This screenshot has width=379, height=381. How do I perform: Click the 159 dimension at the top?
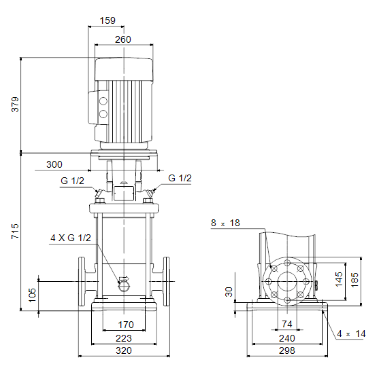[108, 20]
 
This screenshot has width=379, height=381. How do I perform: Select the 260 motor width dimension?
[123, 39]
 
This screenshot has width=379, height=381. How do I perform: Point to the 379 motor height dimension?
[15, 105]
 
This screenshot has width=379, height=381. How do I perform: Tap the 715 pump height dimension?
[15, 231]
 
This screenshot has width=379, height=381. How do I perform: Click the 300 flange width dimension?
[54, 164]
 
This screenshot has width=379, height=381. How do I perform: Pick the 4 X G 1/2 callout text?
[71, 238]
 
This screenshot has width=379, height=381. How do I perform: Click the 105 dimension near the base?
[32, 295]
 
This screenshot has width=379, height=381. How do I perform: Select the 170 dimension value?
[126, 325]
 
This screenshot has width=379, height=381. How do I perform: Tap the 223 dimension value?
[124, 338]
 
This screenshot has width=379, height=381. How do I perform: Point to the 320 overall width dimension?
[124, 350]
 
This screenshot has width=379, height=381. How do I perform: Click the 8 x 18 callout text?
[225, 223]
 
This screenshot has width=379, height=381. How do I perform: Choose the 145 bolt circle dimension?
[339, 279]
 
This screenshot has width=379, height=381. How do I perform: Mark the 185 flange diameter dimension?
[355, 280]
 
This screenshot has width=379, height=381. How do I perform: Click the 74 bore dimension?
[287, 324]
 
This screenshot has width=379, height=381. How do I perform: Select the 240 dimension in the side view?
[287, 338]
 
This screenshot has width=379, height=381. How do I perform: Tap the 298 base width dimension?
[287, 350]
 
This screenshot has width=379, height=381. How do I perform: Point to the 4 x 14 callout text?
[351, 333]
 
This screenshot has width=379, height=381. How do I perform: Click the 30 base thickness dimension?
[229, 292]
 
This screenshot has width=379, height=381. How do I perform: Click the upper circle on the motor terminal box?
[103, 101]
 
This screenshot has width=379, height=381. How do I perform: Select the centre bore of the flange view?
[287, 281]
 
